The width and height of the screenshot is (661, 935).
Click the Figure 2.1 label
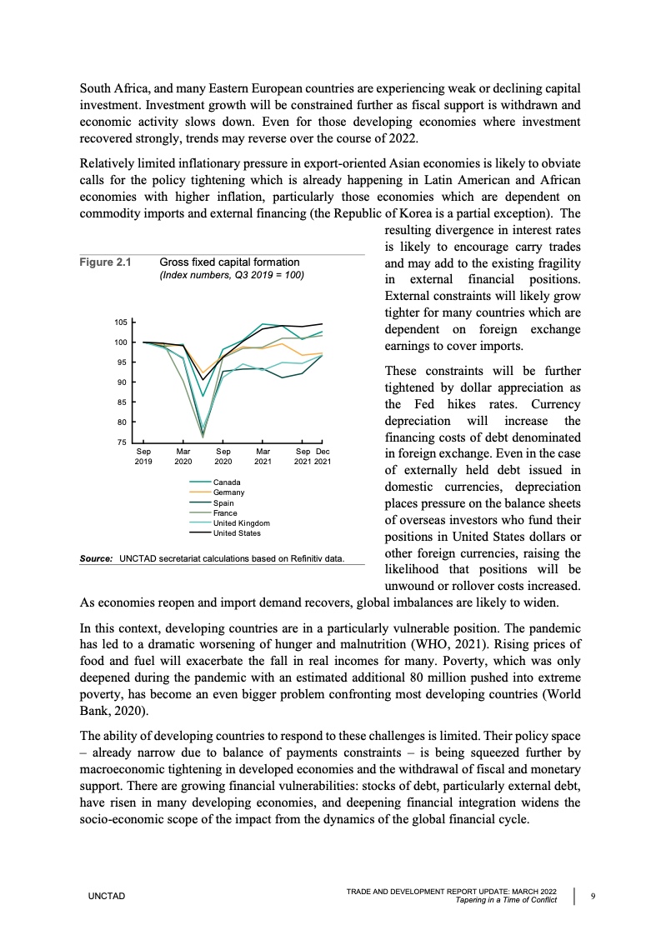pos(106,262)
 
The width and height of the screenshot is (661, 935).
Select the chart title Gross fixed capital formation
pos(229,262)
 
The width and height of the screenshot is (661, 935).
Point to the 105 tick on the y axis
pos(120,322)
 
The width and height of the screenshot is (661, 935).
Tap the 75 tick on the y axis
pos(122,442)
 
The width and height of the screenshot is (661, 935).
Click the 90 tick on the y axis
pos(122,382)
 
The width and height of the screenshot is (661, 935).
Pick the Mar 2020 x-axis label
pos(183,455)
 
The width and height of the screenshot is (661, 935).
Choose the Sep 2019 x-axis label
pos(143,455)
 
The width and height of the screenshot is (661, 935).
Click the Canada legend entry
pos(227,482)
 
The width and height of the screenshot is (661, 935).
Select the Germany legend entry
pos(229,492)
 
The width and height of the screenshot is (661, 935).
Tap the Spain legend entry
pos(224,502)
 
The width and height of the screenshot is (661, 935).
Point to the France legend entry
pos(226,512)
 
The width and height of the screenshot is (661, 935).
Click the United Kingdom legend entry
pos(242,522)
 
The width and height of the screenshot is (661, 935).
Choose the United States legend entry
pos(237,532)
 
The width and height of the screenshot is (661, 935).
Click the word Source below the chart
pos(96,557)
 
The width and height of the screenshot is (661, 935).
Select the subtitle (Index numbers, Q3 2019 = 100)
pos(232,275)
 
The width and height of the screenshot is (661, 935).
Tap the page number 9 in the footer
pos(592,896)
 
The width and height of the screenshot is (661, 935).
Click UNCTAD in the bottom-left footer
pos(106,896)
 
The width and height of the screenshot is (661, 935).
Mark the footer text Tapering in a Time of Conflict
pos(505,900)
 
